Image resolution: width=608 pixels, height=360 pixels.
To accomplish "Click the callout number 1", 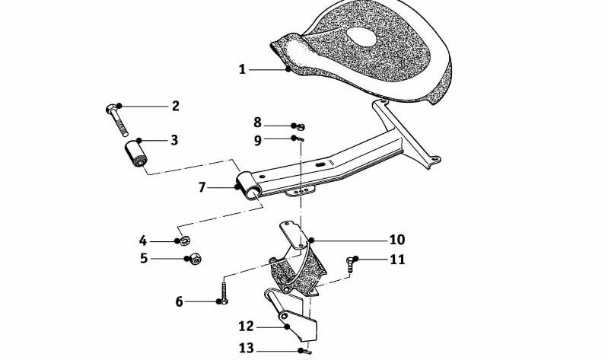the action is coord(242,70).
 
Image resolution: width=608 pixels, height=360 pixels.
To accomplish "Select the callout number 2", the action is coord(176,106).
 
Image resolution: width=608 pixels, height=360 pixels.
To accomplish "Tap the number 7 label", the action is coord(202,188).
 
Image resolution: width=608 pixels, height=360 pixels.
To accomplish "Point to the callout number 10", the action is coord(397,240).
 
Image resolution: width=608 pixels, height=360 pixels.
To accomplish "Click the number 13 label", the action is coord(247,349).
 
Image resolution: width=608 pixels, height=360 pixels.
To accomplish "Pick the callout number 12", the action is coord(247,327).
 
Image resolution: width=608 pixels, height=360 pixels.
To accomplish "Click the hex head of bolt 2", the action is coord(110,108).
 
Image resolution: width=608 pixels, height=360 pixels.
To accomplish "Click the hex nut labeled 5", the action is coord(195,259).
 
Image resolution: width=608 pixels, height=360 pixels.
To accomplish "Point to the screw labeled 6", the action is coord(224,292).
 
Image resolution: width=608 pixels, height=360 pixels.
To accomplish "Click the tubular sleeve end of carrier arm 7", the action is coord(248,186).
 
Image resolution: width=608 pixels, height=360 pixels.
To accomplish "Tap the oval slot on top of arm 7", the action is coord(320,165).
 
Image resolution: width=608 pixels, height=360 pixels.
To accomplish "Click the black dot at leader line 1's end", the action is coord(288,69).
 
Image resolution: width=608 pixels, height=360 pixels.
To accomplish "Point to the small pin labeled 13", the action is coord(307,352).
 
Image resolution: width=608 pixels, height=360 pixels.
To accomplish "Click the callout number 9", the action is coord(258,141).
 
